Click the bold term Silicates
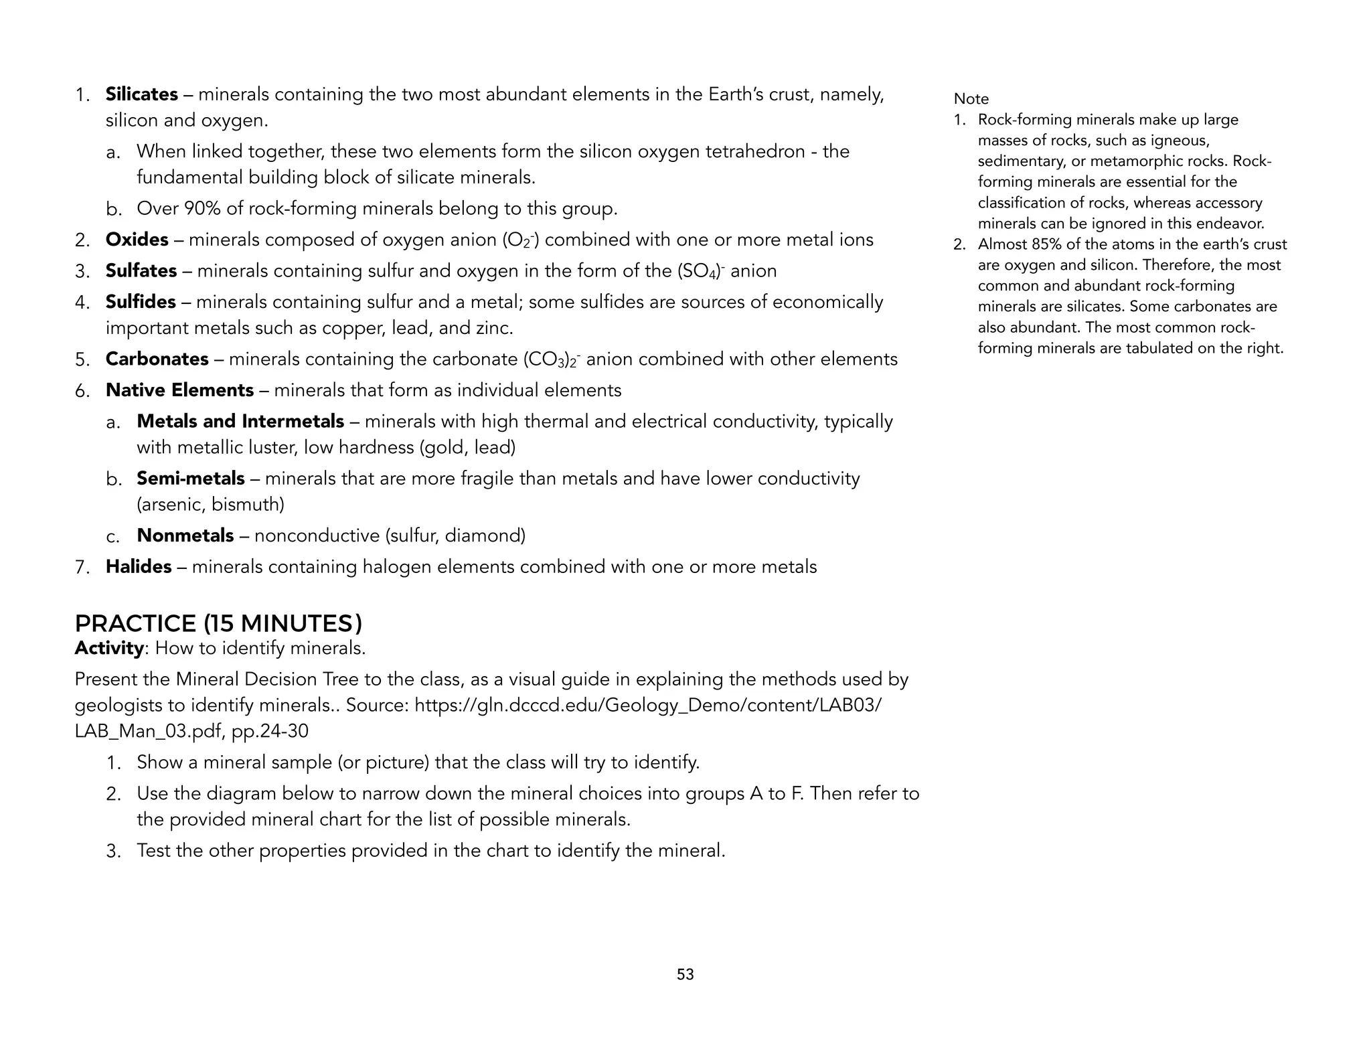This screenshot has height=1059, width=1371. point(141,94)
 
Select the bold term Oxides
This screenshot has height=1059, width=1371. point(137,240)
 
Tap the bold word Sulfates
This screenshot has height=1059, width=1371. point(141,270)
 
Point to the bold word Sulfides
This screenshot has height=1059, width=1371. point(140,302)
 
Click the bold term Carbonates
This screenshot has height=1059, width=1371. point(157,359)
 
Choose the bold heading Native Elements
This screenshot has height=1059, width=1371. point(179,390)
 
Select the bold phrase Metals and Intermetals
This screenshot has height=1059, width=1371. point(240,421)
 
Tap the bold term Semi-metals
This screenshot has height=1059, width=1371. point(190,479)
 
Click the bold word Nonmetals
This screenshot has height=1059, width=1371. point(185,536)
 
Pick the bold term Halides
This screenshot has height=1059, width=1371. point(139,567)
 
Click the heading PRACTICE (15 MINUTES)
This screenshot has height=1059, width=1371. point(218,624)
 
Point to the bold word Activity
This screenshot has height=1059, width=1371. point(108,648)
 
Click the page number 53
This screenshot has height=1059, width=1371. point(685,975)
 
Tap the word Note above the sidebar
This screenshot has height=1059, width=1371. point(971,99)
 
